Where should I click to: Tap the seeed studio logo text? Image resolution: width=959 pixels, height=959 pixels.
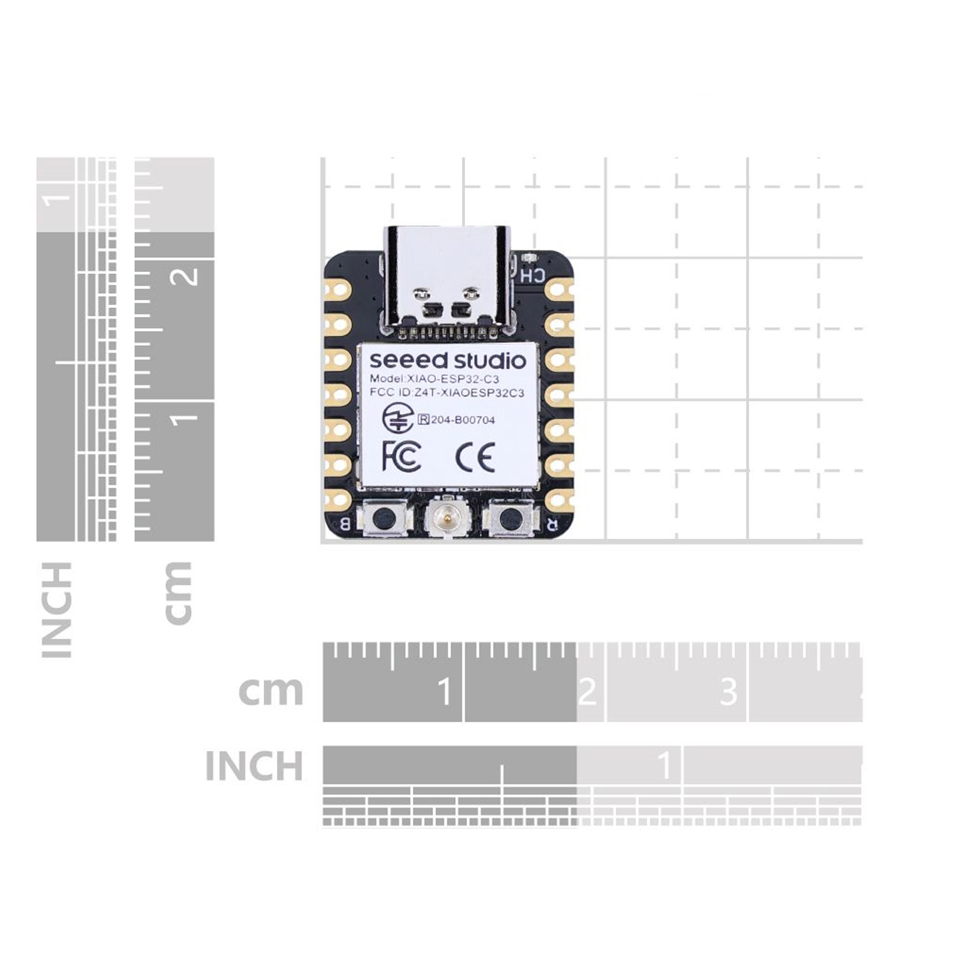pos(447,361)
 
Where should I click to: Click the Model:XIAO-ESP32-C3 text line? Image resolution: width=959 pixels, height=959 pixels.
pos(434,379)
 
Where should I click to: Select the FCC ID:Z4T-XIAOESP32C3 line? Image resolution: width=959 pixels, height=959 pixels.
pos(447,393)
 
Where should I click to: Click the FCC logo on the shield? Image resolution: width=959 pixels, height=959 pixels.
pos(401,456)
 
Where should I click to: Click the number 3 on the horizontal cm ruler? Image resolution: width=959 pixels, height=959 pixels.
pos(728,692)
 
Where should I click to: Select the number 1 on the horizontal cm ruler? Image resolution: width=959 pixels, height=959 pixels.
pos(444,692)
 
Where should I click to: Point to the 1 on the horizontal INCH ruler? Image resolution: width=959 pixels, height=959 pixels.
pos(664,765)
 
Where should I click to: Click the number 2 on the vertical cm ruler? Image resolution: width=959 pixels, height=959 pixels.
pos(188,276)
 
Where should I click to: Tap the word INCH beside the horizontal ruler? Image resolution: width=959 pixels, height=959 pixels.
pos(254,766)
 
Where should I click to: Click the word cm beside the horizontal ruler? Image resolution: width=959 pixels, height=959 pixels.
pos(271,691)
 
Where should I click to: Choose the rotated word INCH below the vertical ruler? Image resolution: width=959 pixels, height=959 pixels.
pos(57,610)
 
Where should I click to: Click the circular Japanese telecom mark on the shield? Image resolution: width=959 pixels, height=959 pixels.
pos(397,418)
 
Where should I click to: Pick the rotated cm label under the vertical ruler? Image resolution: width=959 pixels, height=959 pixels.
pos(178,593)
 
